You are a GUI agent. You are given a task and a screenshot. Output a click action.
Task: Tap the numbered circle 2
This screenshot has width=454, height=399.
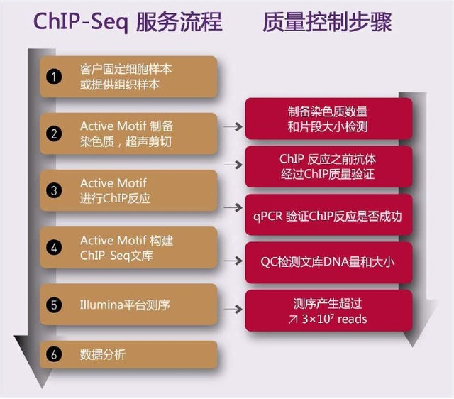(x=54, y=133)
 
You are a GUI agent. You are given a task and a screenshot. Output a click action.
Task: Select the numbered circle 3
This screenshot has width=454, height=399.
(x=54, y=190)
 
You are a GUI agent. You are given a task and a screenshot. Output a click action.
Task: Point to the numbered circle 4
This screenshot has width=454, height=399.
(x=54, y=248)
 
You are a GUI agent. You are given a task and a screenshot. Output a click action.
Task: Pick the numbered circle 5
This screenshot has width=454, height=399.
(x=54, y=305)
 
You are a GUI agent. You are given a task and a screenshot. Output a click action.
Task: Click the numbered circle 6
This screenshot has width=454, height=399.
(x=54, y=354)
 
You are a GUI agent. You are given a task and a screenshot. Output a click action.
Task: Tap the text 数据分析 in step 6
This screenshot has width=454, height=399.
(x=103, y=354)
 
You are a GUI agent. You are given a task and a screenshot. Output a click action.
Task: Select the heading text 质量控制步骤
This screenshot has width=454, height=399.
(x=326, y=22)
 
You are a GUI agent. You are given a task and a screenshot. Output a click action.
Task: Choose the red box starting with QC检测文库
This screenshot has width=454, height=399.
(x=328, y=261)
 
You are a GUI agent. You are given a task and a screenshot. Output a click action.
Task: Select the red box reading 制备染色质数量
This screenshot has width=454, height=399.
(x=328, y=119)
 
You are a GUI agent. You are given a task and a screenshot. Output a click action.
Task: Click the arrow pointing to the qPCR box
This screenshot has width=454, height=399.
(x=232, y=207)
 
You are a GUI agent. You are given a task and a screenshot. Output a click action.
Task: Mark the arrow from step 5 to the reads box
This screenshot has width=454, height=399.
(x=232, y=310)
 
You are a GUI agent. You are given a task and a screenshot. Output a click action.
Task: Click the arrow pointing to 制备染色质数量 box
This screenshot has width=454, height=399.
(x=232, y=126)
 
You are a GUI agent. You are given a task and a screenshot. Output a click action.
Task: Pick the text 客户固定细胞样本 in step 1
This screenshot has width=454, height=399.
(x=126, y=70)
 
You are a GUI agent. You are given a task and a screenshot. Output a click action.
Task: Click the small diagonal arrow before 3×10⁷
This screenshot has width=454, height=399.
(x=293, y=319)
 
